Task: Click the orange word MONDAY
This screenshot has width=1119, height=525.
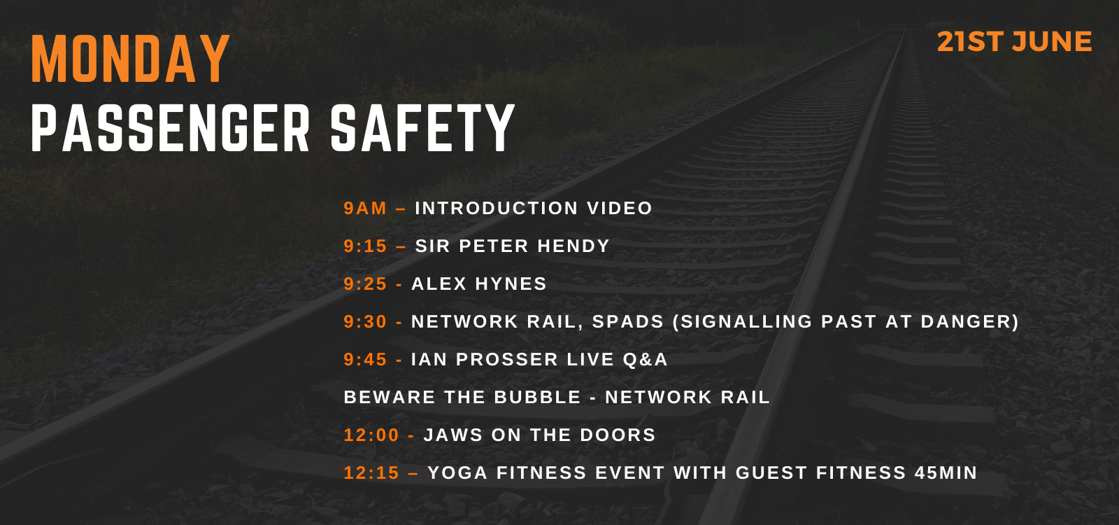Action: [130, 59]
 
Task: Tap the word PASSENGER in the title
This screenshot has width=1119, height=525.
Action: [171, 128]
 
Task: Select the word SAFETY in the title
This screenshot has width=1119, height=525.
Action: [422, 128]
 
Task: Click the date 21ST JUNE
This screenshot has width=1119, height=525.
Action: [1014, 41]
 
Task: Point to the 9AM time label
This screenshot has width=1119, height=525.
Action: [365, 208]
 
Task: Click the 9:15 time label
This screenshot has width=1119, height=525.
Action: [365, 246]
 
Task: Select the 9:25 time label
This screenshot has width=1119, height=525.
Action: [365, 284]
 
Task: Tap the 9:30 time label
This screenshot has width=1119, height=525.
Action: [365, 321]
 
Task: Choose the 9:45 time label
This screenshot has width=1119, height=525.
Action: [365, 360]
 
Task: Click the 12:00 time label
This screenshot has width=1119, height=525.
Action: [371, 435]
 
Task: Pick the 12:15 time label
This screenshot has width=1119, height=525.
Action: [371, 473]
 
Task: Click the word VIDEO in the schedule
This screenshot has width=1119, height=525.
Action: [620, 208]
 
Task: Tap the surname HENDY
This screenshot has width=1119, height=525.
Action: [573, 246]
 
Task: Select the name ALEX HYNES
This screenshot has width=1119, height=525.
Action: [478, 284]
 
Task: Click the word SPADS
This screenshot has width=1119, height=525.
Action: [628, 321]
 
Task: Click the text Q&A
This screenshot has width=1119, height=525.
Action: [645, 360]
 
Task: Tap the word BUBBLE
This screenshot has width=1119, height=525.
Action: [538, 397]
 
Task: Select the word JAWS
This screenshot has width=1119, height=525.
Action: [453, 435]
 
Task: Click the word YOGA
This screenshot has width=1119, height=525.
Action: [457, 473]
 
